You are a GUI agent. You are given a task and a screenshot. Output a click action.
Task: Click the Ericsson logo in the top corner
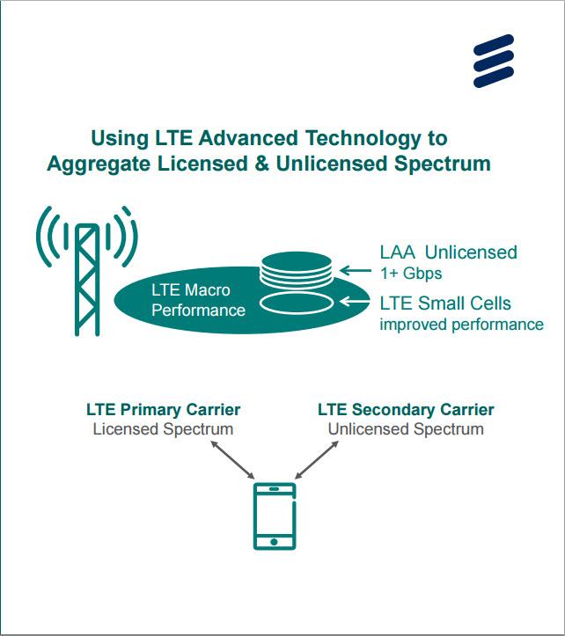(x=493, y=60)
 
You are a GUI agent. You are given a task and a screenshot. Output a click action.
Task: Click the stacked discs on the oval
(x=297, y=270)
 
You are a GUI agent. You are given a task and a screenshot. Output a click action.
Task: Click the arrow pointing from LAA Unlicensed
(x=357, y=269)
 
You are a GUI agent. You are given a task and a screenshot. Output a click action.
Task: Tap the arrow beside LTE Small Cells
(x=357, y=303)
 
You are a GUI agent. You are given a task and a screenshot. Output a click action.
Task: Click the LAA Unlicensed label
(x=448, y=252)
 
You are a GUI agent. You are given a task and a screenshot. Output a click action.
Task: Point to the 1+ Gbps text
(x=410, y=273)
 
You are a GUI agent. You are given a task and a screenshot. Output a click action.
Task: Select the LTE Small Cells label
(x=445, y=303)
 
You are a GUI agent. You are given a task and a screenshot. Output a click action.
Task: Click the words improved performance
(x=461, y=325)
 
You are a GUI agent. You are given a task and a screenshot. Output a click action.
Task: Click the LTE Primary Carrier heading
(x=163, y=410)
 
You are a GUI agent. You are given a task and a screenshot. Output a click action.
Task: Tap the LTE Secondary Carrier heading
(x=406, y=410)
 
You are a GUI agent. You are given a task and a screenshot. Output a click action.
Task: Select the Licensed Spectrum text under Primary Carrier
(x=163, y=429)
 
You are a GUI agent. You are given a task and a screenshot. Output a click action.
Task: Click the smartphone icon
(x=275, y=515)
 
